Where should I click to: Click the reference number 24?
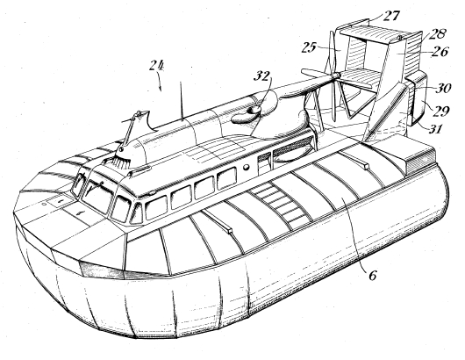156,66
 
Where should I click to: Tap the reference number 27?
391,16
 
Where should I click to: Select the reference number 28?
438,34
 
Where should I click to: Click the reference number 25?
309,47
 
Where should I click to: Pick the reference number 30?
443,88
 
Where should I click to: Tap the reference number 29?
441,111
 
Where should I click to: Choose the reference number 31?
434,129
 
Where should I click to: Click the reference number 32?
261,76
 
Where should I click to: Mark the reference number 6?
372,276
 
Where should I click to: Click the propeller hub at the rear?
336,76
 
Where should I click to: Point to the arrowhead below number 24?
161,88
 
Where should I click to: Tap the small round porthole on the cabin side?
246,169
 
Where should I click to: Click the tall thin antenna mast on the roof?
181,101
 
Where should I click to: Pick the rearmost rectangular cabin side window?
226,178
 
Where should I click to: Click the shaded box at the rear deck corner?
421,161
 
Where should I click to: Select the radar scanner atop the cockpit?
139,117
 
